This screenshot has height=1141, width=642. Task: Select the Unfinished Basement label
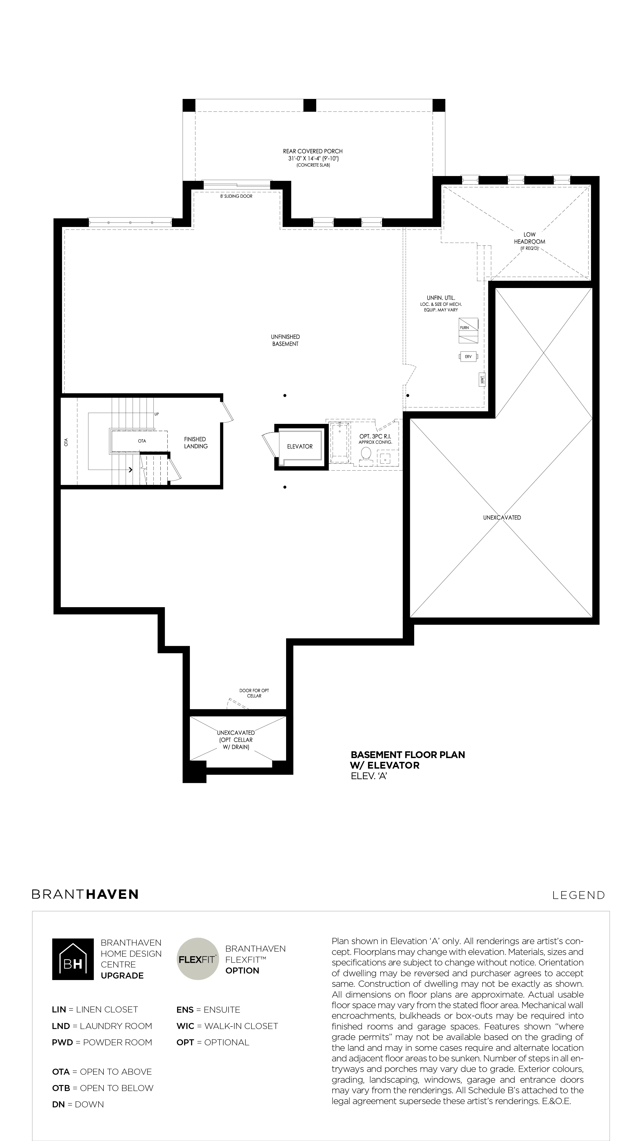[x=285, y=340]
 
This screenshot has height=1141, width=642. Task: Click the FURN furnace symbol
[x=469, y=330]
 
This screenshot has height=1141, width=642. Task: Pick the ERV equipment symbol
[x=468, y=356]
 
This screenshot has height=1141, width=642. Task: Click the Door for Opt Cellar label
[x=254, y=693]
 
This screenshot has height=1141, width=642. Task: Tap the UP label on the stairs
[x=156, y=414]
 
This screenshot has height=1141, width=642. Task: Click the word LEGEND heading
[x=579, y=895]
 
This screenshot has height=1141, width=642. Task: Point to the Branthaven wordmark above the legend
[x=85, y=894]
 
